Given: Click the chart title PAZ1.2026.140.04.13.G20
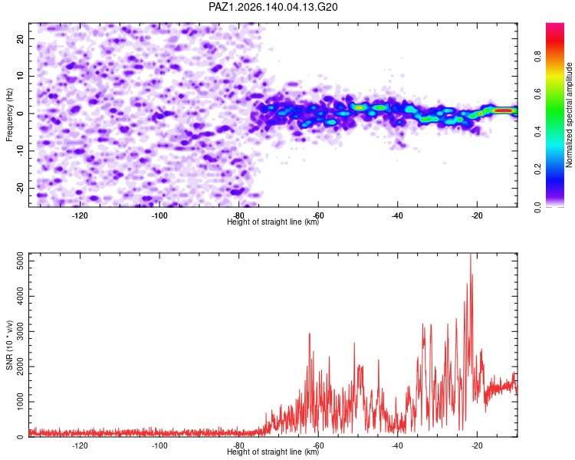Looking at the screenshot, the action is pos(273,7).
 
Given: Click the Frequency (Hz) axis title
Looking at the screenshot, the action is pos(9,115).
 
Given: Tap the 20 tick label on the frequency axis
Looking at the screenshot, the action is pos(20,38).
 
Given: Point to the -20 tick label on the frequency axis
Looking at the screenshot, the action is pos(20,188).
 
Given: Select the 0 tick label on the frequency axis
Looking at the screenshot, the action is pos(20,113).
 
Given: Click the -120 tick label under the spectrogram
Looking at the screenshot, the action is pos(80,215).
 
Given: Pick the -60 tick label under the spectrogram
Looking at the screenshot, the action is pos(318,215).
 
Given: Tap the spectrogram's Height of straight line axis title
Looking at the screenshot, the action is pos(273,222).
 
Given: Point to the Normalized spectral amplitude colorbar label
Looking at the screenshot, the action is pos(569,115).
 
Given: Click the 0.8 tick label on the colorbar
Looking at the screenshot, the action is pos(537,57).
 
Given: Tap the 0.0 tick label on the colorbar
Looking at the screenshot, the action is pos(537,207).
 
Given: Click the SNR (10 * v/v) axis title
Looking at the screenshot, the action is pos(9,345).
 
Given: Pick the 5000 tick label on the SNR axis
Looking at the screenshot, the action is pos(20,261).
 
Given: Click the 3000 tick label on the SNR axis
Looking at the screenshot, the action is pos(20,332).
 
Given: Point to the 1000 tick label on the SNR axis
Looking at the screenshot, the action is pos(20,402).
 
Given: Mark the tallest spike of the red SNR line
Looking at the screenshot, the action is pos(471,255).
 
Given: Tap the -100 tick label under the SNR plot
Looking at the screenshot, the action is pos(159,445).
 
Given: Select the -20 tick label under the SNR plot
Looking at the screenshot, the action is pos(477,445).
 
